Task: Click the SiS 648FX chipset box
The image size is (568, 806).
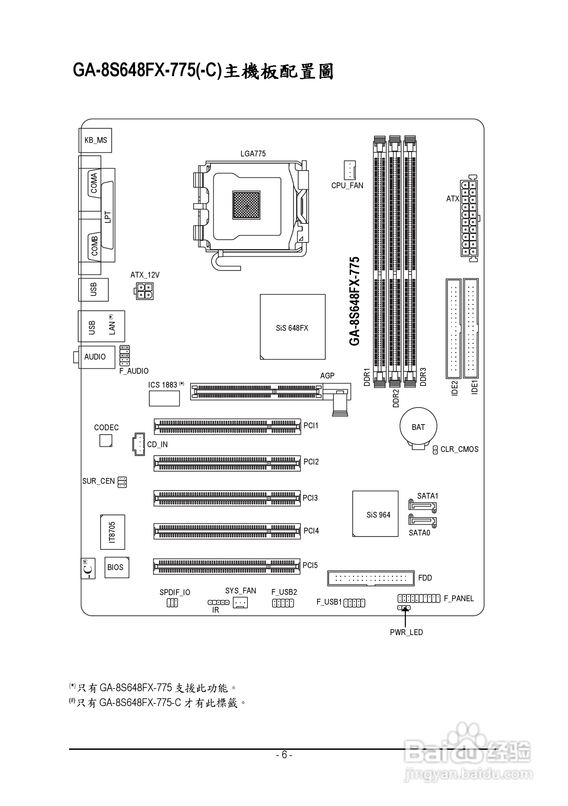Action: [x=292, y=327]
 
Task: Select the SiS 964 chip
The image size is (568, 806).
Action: [x=375, y=514]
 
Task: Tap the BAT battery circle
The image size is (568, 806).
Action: [x=418, y=426]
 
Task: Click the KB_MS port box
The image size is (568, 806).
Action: [x=95, y=140]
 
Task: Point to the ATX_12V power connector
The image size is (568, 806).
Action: [x=144, y=291]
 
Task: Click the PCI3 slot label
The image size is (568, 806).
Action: [x=310, y=498]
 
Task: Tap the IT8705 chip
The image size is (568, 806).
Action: [x=112, y=532]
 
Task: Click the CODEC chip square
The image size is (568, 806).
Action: [x=106, y=440]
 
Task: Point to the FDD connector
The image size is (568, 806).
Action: [x=371, y=578]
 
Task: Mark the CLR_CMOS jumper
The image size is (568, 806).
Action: [x=435, y=450]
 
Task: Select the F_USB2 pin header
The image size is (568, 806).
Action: [x=283, y=603]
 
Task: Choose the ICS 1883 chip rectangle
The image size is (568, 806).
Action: [x=164, y=398]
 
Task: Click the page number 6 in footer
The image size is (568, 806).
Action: [x=284, y=755]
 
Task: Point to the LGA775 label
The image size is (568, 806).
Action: [x=253, y=153]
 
